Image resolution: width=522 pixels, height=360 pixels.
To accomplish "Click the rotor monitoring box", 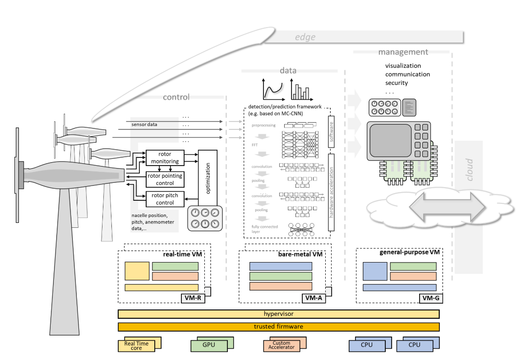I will (x=165, y=157).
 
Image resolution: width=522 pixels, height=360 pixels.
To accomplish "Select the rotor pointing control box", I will (x=165, y=180).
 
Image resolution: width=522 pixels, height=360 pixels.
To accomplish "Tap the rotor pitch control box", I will (x=165, y=199).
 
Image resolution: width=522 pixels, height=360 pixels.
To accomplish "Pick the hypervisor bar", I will (x=278, y=314).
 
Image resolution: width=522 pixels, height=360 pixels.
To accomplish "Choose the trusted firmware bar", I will (x=278, y=327).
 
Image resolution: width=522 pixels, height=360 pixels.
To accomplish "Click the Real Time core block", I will (x=136, y=346).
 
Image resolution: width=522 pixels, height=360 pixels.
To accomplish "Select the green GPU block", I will (x=208, y=346).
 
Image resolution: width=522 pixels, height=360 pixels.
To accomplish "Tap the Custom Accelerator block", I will (x=281, y=346).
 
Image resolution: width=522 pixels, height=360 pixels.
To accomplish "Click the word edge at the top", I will (x=305, y=37).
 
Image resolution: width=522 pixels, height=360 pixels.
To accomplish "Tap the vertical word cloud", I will (x=470, y=170).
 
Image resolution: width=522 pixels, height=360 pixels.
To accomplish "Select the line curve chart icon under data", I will (x=273, y=89).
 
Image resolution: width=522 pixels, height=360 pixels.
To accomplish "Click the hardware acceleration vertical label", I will (x=332, y=192).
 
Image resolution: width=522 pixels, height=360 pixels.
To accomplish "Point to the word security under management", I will (x=397, y=83).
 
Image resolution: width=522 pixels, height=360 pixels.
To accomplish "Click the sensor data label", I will (x=144, y=124).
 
